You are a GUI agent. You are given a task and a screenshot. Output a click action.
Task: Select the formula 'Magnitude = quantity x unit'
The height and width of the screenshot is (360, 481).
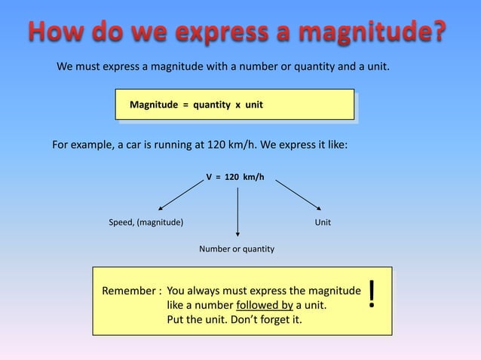tap(196, 105)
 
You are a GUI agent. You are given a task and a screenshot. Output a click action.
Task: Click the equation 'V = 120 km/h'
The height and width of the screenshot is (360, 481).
tap(235, 177)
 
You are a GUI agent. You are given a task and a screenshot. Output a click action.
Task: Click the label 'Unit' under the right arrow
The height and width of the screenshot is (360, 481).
tap(322, 223)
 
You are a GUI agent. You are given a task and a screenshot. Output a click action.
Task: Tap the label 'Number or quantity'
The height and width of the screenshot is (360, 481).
tap(236, 249)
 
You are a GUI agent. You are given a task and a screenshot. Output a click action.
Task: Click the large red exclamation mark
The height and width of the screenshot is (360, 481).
tap(372, 296)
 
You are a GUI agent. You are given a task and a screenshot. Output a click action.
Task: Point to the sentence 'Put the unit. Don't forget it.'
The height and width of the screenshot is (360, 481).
tap(237, 322)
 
